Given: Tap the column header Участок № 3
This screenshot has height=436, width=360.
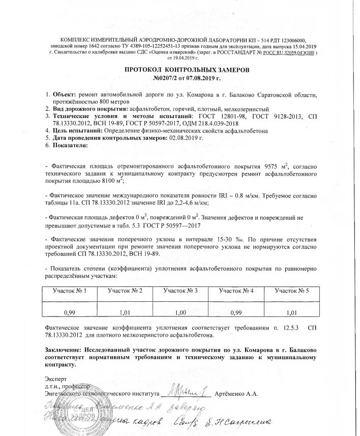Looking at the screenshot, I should pos(180,290).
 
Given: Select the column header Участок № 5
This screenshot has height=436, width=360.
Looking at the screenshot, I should pos(291,290).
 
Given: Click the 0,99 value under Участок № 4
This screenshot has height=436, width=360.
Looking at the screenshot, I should pos(235,312).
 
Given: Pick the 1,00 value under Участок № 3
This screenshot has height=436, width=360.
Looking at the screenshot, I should pos(180,312).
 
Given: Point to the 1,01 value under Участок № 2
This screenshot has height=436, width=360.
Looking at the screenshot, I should pos(124,312).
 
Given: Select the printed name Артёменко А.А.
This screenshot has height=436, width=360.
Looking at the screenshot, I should pos(237,394).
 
